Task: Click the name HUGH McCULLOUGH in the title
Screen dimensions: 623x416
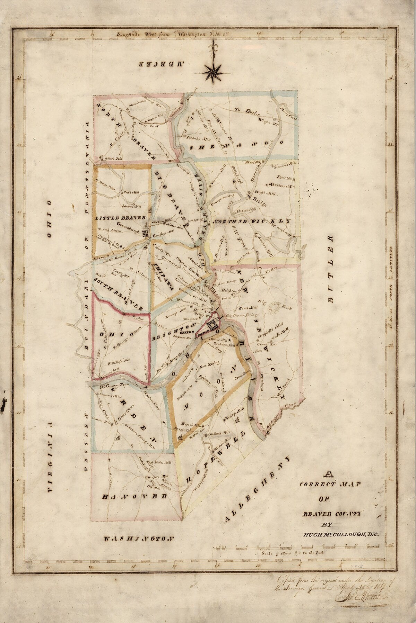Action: pyautogui.click(x=341, y=525)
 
